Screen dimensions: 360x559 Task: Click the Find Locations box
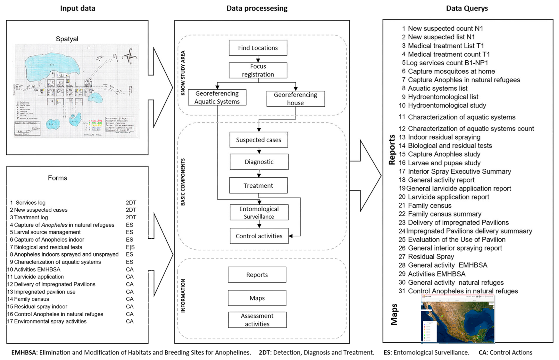point(258,48)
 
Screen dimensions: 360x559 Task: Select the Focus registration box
point(258,70)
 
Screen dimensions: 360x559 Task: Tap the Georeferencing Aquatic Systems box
point(217,97)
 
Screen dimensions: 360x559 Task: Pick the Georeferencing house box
point(295,99)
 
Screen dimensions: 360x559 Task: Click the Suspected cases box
point(259,140)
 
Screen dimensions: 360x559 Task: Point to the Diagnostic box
point(259,162)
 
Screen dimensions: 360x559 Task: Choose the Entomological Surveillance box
point(259,213)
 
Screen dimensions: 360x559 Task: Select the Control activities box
point(259,236)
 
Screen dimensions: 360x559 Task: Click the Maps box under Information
point(257,298)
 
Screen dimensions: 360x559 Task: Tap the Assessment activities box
point(257,320)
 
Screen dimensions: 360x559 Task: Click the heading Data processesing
point(257,8)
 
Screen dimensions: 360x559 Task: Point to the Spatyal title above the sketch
point(67,39)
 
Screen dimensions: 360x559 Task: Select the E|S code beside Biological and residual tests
point(130,247)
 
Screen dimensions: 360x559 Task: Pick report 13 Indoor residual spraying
point(444,137)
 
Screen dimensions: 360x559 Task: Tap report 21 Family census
point(429,206)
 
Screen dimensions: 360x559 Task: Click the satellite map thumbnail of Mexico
point(458,319)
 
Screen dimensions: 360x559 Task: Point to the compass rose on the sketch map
point(129,56)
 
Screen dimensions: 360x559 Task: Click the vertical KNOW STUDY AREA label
point(183,73)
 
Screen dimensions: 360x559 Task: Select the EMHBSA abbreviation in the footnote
point(23,352)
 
